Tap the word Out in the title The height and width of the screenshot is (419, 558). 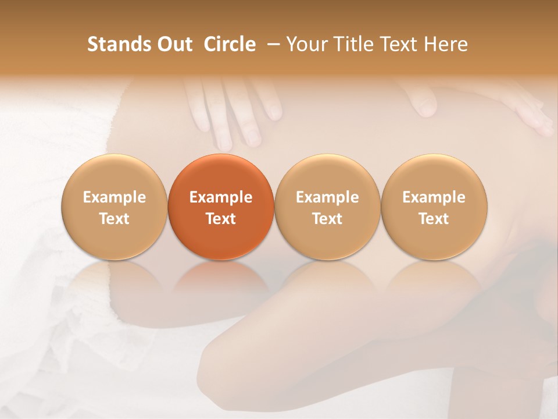point(174,44)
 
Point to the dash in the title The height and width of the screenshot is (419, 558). point(271,45)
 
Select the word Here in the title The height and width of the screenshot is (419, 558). point(446,44)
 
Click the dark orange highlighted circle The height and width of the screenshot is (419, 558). point(221,207)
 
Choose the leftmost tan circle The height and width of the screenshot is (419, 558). point(115,207)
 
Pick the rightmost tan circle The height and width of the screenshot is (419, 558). point(434,207)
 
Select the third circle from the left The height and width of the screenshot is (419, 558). point(327,207)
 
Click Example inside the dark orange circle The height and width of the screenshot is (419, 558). point(221,197)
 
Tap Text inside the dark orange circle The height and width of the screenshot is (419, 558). point(221,219)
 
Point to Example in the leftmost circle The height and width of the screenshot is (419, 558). point(115,197)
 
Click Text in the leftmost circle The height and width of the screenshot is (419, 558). point(115,219)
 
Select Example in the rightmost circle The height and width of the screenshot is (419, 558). point(434,197)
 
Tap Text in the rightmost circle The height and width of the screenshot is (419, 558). point(434,219)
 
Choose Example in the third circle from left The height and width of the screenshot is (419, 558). point(327,197)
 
